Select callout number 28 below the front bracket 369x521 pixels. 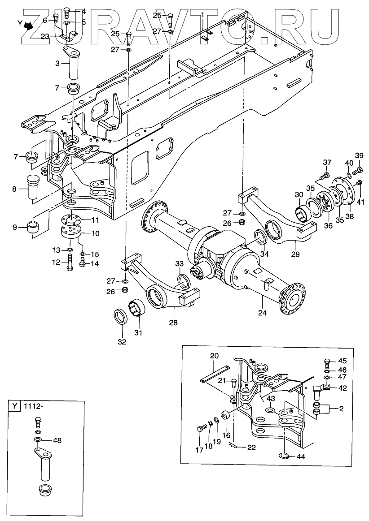pos(173,322)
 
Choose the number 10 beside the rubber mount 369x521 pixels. pos(95,233)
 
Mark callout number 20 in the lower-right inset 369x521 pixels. pos(214,356)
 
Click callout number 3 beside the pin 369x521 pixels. pos(58,64)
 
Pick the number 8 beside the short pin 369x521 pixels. pos(15,189)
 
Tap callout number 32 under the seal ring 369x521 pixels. pos(122,342)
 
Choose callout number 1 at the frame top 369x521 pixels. pos(203,14)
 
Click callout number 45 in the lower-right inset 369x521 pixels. pos(343,361)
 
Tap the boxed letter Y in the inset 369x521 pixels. pos(15,406)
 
